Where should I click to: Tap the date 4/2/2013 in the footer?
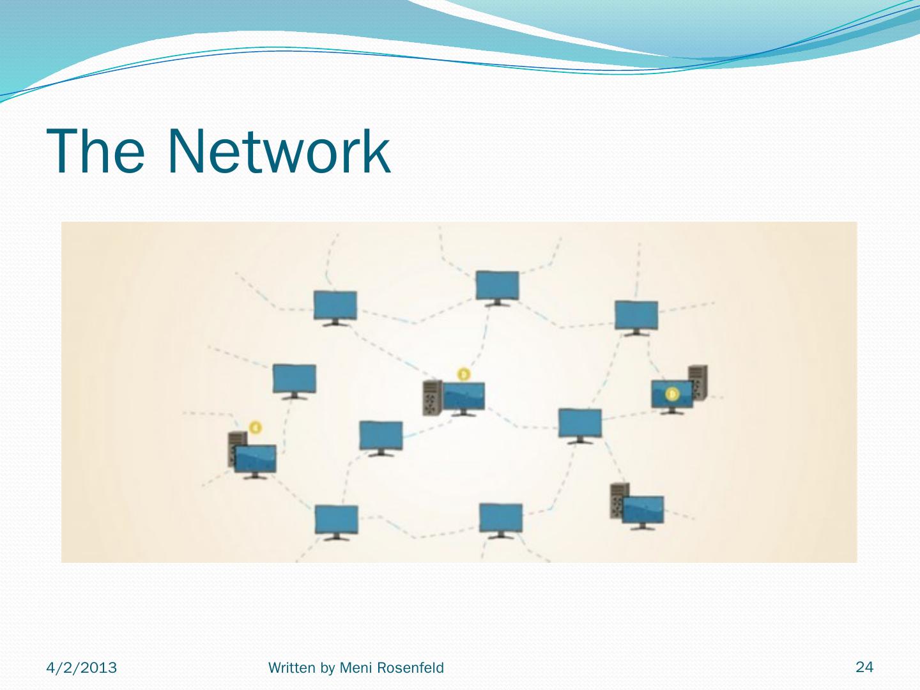coord(82,668)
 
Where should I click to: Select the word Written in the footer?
coord(291,668)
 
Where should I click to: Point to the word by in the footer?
coord(327,668)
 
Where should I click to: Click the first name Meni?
coord(355,668)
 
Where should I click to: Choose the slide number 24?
coord(864,667)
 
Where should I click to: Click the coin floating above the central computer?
coord(464,374)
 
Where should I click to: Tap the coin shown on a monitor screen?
coord(672,395)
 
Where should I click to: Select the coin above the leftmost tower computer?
coord(256,427)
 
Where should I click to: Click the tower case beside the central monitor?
coord(431,397)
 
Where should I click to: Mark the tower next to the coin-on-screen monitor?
coord(698,381)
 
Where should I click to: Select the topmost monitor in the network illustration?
coord(497,285)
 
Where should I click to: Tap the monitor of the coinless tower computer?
coord(643,509)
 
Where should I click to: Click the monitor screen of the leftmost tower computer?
coord(256,458)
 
